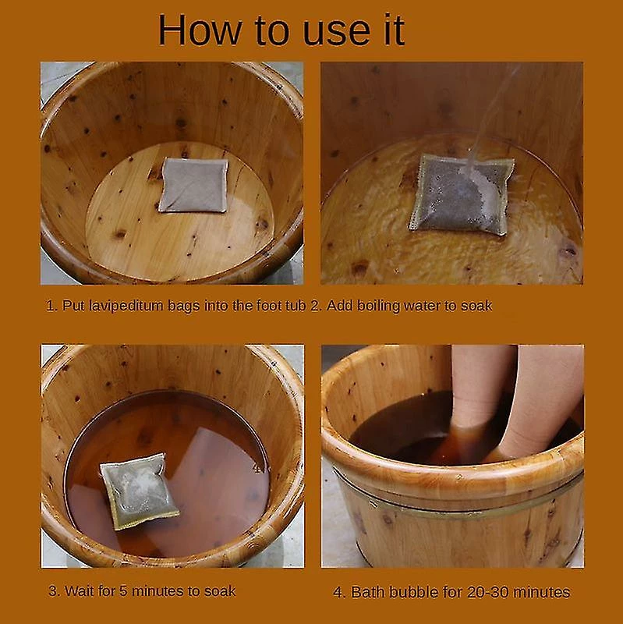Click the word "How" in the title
[x=200, y=30]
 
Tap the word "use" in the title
[x=337, y=33]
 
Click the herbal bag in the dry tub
[x=193, y=185]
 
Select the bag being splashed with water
[x=462, y=194]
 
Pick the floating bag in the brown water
[x=139, y=491]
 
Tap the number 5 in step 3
[x=123, y=591]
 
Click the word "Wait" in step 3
[x=80, y=591]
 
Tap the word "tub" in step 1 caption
[x=297, y=305]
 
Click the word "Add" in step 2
[x=340, y=305]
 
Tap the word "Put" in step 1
[x=73, y=306]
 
